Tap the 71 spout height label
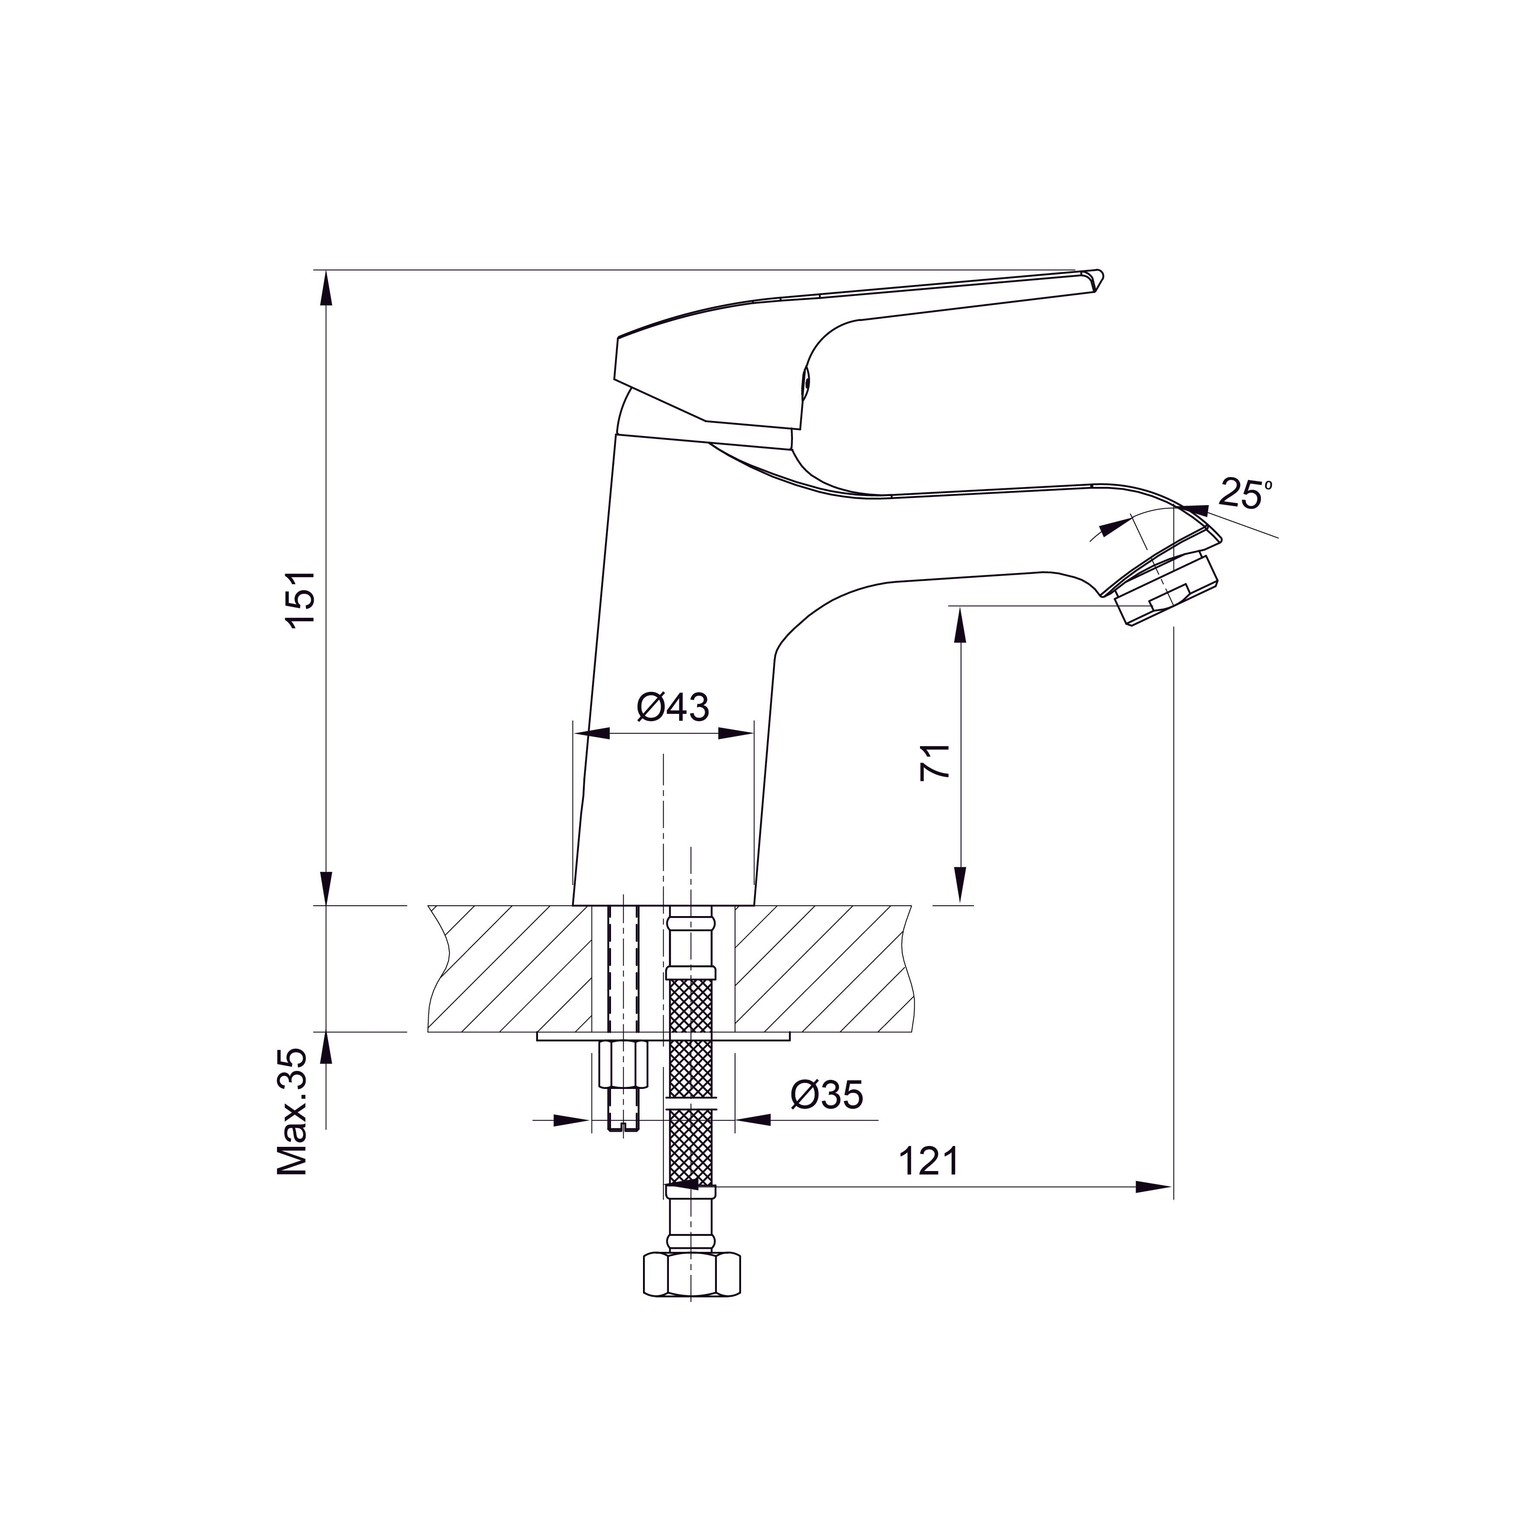click(x=935, y=763)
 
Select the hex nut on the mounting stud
click(x=622, y=1066)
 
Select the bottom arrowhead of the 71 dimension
click(x=961, y=886)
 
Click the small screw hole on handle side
click(x=808, y=384)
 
